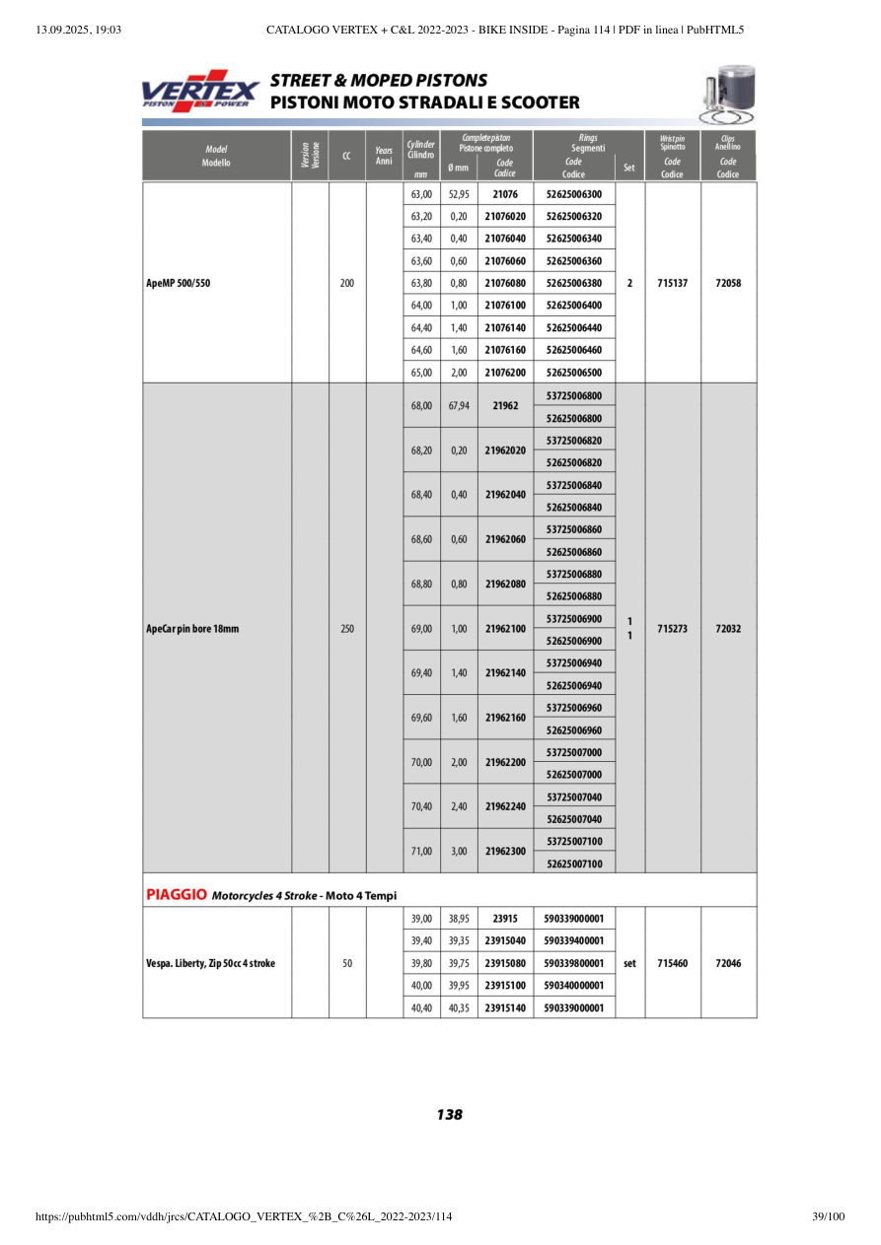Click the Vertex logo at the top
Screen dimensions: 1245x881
[200, 92]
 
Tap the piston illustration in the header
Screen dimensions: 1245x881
[725, 95]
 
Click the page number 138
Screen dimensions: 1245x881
[449, 1115]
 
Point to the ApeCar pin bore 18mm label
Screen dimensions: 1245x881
[192, 628]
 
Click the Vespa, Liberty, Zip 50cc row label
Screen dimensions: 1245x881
[211, 963]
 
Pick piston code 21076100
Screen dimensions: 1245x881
[505, 306]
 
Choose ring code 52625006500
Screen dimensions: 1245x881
[573, 373]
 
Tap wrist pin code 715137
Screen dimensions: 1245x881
[672, 283]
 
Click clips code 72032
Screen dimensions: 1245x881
[728, 628]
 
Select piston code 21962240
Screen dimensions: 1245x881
[505, 806]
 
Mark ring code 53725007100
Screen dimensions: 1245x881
[573, 842]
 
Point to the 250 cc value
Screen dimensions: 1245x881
[347, 628]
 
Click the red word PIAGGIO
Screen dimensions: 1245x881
[177, 895]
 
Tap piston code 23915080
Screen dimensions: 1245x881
[505, 963]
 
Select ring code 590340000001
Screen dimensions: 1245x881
[573, 986]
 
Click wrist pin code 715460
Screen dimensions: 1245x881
[672, 963]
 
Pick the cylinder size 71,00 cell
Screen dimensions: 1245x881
[421, 851]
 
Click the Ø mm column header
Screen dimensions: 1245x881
[459, 168]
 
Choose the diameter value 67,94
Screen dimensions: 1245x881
[459, 405]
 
